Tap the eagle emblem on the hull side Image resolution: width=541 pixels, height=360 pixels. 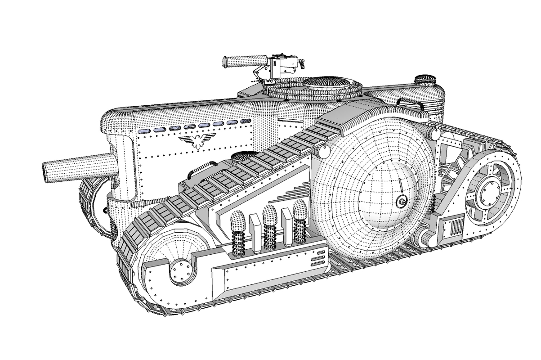pyautogui.click(x=196, y=141)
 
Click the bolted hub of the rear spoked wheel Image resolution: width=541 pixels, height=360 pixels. pyautogui.click(x=487, y=192)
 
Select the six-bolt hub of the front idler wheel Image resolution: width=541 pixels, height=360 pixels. pyautogui.click(x=181, y=271)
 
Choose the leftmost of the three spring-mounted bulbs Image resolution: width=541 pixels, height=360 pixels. pyautogui.click(x=237, y=223)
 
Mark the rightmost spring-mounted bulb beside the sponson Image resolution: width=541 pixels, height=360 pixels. pyautogui.click(x=300, y=210)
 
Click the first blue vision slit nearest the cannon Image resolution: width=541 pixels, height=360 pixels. pyautogui.click(x=144, y=131)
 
